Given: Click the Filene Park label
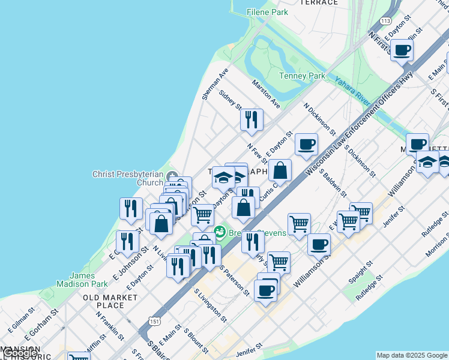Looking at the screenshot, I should tap(268, 12).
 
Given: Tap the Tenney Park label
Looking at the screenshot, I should tap(302, 76).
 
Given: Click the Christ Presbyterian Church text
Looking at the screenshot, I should tap(127, 178).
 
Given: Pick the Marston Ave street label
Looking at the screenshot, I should tap(266, 94).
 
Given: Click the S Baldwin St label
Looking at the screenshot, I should tap(334, 183).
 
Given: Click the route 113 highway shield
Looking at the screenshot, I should tap(386, 21).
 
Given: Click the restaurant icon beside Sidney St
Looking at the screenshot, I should tap(252, 119).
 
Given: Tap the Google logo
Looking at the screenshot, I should tap(20, 353).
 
